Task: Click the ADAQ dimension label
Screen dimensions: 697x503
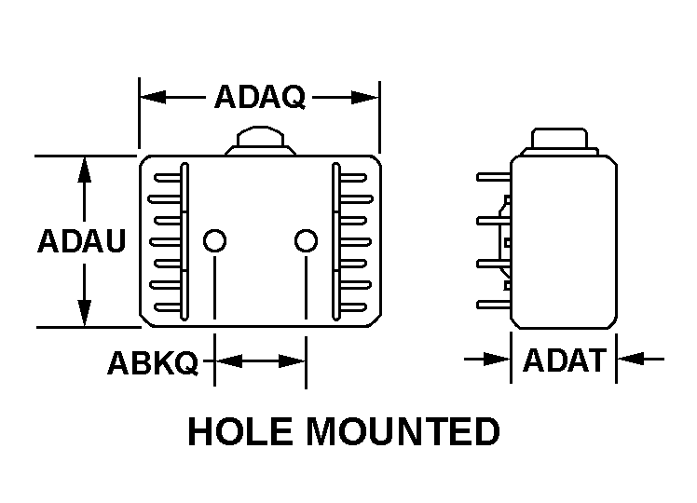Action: click(x=260, y=97)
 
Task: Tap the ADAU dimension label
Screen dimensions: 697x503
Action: click(x=82, y=241)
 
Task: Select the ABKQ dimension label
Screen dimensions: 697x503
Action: click(x=153, y=363)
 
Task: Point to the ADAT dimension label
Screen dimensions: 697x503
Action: click(x=565, y=360)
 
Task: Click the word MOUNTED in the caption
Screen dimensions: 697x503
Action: click(x=403, y=431)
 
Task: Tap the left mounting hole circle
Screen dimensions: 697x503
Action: click(x=214, y=241)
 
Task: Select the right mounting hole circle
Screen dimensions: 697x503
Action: click(x=306, y=241)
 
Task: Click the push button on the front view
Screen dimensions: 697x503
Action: click(x=261, y=141)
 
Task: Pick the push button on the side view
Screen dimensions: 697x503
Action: click(x=560, y=142)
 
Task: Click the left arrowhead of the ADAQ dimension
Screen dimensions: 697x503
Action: click(x=153, y=97)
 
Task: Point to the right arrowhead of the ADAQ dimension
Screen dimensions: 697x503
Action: click(x=365, y=97)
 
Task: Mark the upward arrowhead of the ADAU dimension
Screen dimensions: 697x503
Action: click(x=84, y=170)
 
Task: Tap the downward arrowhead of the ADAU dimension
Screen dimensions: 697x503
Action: click(x=84, y=313)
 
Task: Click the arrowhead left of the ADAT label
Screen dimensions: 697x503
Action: click(x=498, y=359)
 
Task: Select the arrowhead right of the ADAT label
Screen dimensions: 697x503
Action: click(x=630, y=359)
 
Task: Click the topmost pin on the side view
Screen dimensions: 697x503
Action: click(x=494, y=177)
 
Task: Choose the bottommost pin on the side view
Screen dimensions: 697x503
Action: click(x=494, y=305)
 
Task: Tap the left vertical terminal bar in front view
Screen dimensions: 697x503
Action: click(x=184, y=241)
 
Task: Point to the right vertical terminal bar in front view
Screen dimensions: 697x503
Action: click(x=336, y=241)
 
